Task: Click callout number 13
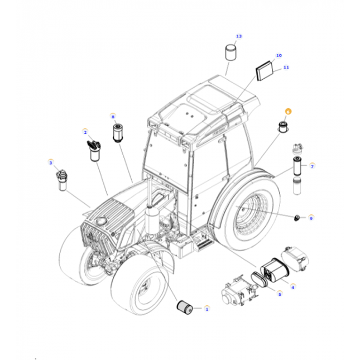[239, 37]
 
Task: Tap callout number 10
[279, 56]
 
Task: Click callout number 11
[286, 67]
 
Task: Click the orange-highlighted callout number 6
[288, 112]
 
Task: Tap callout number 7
[312, 166]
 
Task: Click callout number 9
[311, 218]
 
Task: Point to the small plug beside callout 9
[298, 216]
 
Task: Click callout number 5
[280, 294]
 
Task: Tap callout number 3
[51, 163]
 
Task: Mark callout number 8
[113, 117]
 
